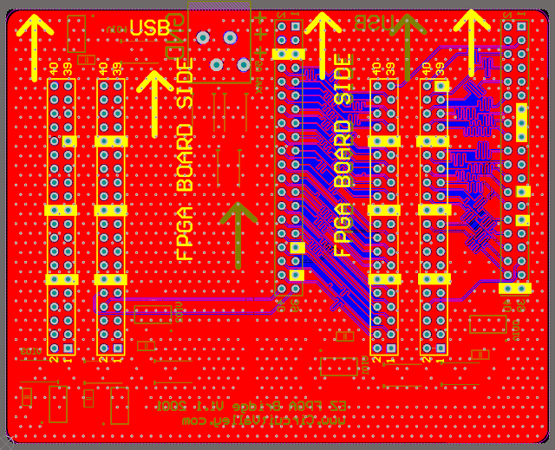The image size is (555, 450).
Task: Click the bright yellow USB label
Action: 150,28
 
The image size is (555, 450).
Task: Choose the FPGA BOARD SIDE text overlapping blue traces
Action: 344,156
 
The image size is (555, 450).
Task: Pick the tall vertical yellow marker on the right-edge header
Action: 521,122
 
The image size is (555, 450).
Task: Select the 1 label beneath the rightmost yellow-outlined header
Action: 441,359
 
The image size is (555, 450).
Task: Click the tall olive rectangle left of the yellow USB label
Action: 76,37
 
